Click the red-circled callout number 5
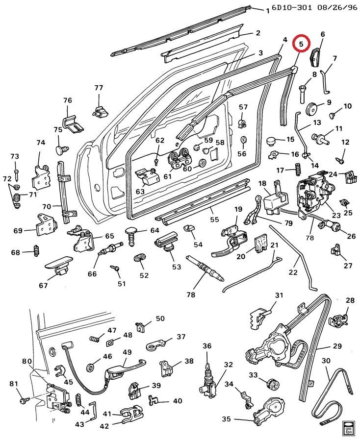pos(302,44)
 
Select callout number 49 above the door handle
pos(127,352)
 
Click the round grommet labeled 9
pos(311,109)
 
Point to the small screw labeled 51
pos(115,267)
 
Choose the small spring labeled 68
pos(36,250)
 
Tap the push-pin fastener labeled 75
pos(62,149)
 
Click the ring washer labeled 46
pos(91,367)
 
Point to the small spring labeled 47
pos(95,339)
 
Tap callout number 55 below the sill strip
pos(214,219)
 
